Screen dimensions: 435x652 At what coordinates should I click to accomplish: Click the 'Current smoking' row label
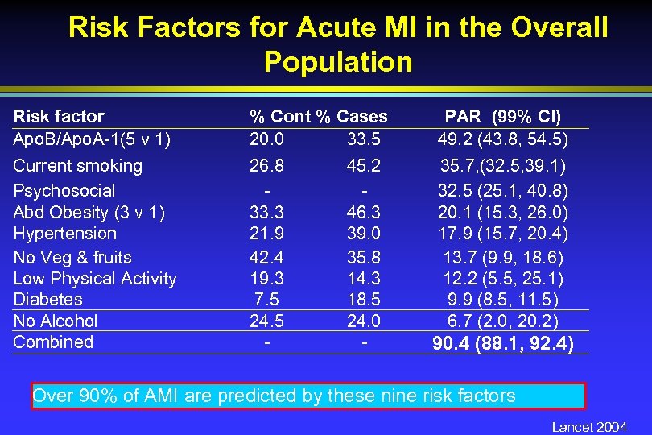coord(77,166)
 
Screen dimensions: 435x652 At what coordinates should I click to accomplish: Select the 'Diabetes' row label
coord(47,300)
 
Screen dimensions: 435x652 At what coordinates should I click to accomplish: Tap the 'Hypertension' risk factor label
coord(64,234)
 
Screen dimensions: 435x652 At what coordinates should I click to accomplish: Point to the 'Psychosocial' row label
coord(64,191)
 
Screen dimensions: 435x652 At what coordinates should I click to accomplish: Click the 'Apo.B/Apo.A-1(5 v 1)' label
coord(91,139)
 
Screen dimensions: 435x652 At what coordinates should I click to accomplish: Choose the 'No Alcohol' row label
coord(55,321)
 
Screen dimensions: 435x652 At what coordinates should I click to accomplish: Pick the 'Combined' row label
coord(53,342)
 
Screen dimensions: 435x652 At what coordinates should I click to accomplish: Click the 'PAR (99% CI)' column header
coord(502,117)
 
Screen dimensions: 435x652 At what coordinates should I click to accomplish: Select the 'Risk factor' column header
coord(59,117)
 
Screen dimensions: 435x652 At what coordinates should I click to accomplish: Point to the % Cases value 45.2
coord(364,166)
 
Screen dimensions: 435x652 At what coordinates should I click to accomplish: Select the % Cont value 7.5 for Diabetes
coord(266,300)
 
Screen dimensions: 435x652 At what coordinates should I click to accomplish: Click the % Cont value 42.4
coord(266,258)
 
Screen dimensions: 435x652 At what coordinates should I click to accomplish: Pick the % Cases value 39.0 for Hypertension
coord(364,234)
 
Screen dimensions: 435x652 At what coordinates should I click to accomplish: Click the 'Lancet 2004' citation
coord(589,427)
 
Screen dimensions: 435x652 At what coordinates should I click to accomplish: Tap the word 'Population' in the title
coord(337,62)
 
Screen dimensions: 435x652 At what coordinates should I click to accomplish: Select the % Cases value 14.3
coord(364,279)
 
